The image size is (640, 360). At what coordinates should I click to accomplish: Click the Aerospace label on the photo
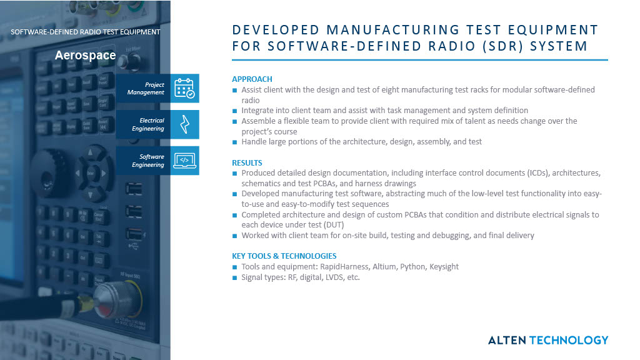pos(85,55)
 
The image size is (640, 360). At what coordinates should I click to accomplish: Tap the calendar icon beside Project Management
pos(184,88)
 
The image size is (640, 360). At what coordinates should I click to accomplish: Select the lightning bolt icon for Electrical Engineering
pos(184,124)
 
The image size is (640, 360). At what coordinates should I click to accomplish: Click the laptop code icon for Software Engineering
pos(184,161)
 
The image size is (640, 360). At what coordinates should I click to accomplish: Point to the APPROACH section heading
pos(252,79)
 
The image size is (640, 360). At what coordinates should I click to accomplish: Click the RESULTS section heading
pos(247,162)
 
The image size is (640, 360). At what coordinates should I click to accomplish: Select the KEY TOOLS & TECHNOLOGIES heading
pos(284,256)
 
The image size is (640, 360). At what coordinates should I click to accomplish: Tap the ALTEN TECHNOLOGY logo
pos(547,340)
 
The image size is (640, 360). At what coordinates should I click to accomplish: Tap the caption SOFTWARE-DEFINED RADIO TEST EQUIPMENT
pos(85,31)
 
